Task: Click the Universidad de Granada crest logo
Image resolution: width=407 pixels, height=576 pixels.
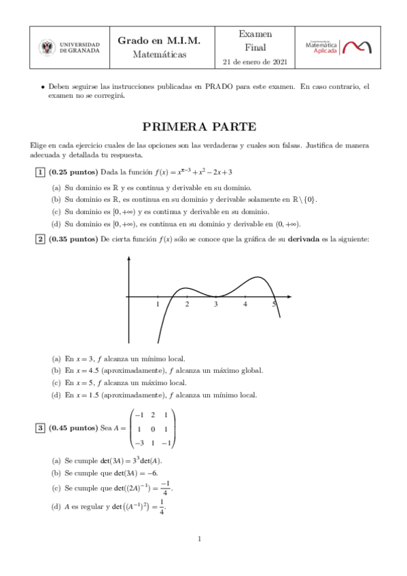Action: click(48, 47)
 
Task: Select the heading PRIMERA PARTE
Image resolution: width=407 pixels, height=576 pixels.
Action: click(199, 126)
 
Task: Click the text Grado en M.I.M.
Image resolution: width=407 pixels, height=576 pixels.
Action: click(159, 41)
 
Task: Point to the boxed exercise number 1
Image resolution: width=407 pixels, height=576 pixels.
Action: click(41, 172)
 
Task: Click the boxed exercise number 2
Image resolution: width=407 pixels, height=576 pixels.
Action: click(41, 239)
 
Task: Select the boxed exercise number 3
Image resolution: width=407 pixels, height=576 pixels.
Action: click(41, 428)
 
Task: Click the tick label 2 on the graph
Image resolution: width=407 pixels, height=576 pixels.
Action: click(187, 304)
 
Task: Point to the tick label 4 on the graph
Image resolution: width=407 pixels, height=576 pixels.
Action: click(245, 304)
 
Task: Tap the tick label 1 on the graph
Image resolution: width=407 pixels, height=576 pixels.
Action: click(158, 304)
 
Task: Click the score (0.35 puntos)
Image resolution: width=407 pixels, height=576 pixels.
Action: click(73, 239)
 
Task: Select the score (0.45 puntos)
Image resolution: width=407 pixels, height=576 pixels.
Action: click(73, 428)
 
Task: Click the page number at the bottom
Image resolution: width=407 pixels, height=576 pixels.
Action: click(200, 539)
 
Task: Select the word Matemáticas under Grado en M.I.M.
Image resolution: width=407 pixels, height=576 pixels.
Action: click(159, 54)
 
